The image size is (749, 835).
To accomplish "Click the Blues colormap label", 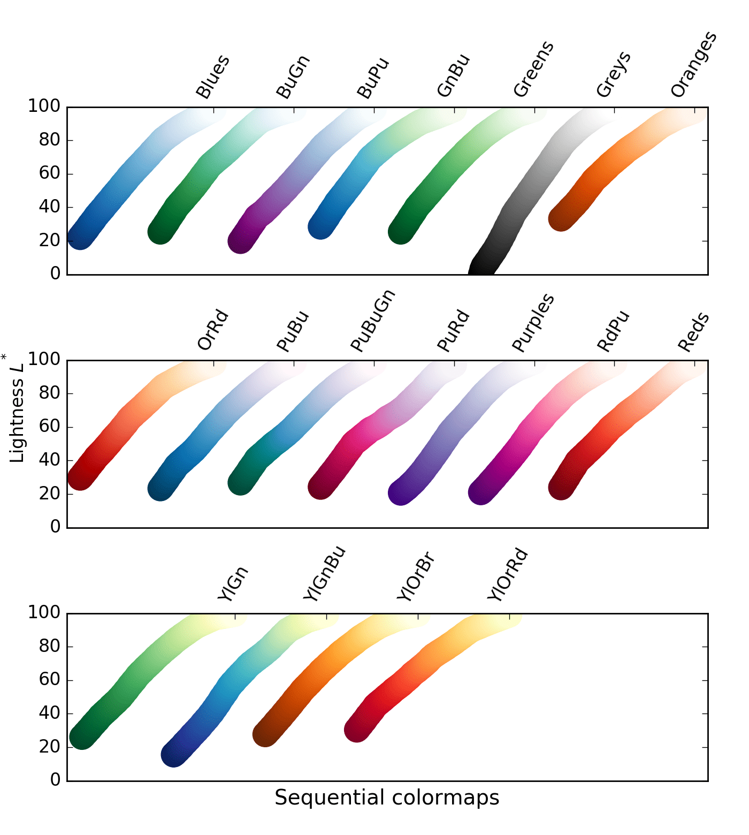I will coord(213,77).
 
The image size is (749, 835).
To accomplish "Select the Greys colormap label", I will coord(614,74).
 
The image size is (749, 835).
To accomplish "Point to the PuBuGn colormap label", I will coord(373,321).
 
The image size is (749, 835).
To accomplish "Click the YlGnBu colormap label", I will coord(324,573).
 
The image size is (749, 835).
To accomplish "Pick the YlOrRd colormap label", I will coord(508,575).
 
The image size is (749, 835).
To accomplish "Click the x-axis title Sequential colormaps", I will coord(387,798).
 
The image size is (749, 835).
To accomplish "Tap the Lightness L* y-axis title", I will coord(17,410).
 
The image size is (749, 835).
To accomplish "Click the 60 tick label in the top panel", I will coord(49,173).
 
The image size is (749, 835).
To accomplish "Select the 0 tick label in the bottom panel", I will coord(55,780).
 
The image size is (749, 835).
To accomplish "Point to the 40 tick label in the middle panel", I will coord(49,460).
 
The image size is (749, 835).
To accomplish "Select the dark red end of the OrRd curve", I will coord(80,477).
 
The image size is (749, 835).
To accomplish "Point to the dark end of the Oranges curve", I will coord(561,218).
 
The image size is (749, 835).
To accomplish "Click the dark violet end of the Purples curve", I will coord(401,492).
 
